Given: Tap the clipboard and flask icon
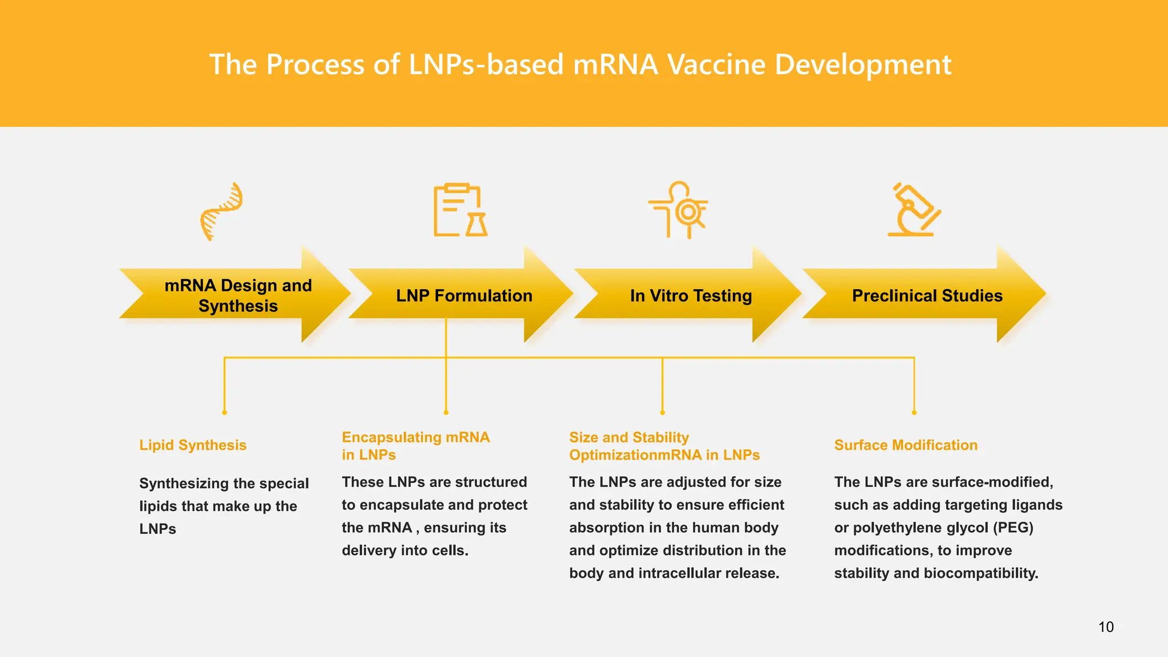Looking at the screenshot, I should click(x=460, y=210).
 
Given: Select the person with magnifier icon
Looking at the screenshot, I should click(x=679, y=210).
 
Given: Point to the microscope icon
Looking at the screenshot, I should click(x=914, y=210).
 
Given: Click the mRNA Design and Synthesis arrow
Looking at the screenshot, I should click(x=238, y=295).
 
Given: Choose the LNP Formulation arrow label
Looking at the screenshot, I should click(x=464, y=295).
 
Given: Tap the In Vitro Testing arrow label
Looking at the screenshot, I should click(x=691, y=295).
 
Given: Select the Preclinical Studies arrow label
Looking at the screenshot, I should click(x=927, y=295).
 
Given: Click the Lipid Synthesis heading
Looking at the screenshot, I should click(x=193, y=445).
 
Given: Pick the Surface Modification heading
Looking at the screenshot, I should click(x=906, y=445).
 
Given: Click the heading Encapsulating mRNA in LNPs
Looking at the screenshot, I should click(x=415, y=445).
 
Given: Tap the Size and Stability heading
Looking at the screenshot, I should click(x=629, y=437).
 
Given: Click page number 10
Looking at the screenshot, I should click(x=1106, y=627).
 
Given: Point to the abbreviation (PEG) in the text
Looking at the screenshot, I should click(x=1013, y=528).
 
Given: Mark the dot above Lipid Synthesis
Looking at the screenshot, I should click(x=225, y=412).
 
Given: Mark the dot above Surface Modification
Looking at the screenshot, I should click(x=914, y=412).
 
